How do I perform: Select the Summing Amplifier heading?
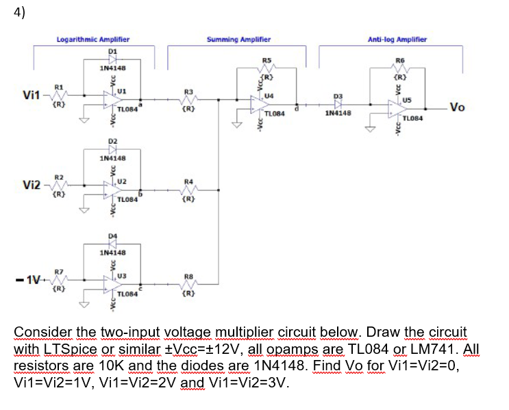(x=238, y=40)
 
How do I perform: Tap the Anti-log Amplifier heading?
(x=397, y=40)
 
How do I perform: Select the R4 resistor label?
(x=189, y=181)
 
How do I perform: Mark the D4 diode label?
(x=112, y=236)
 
